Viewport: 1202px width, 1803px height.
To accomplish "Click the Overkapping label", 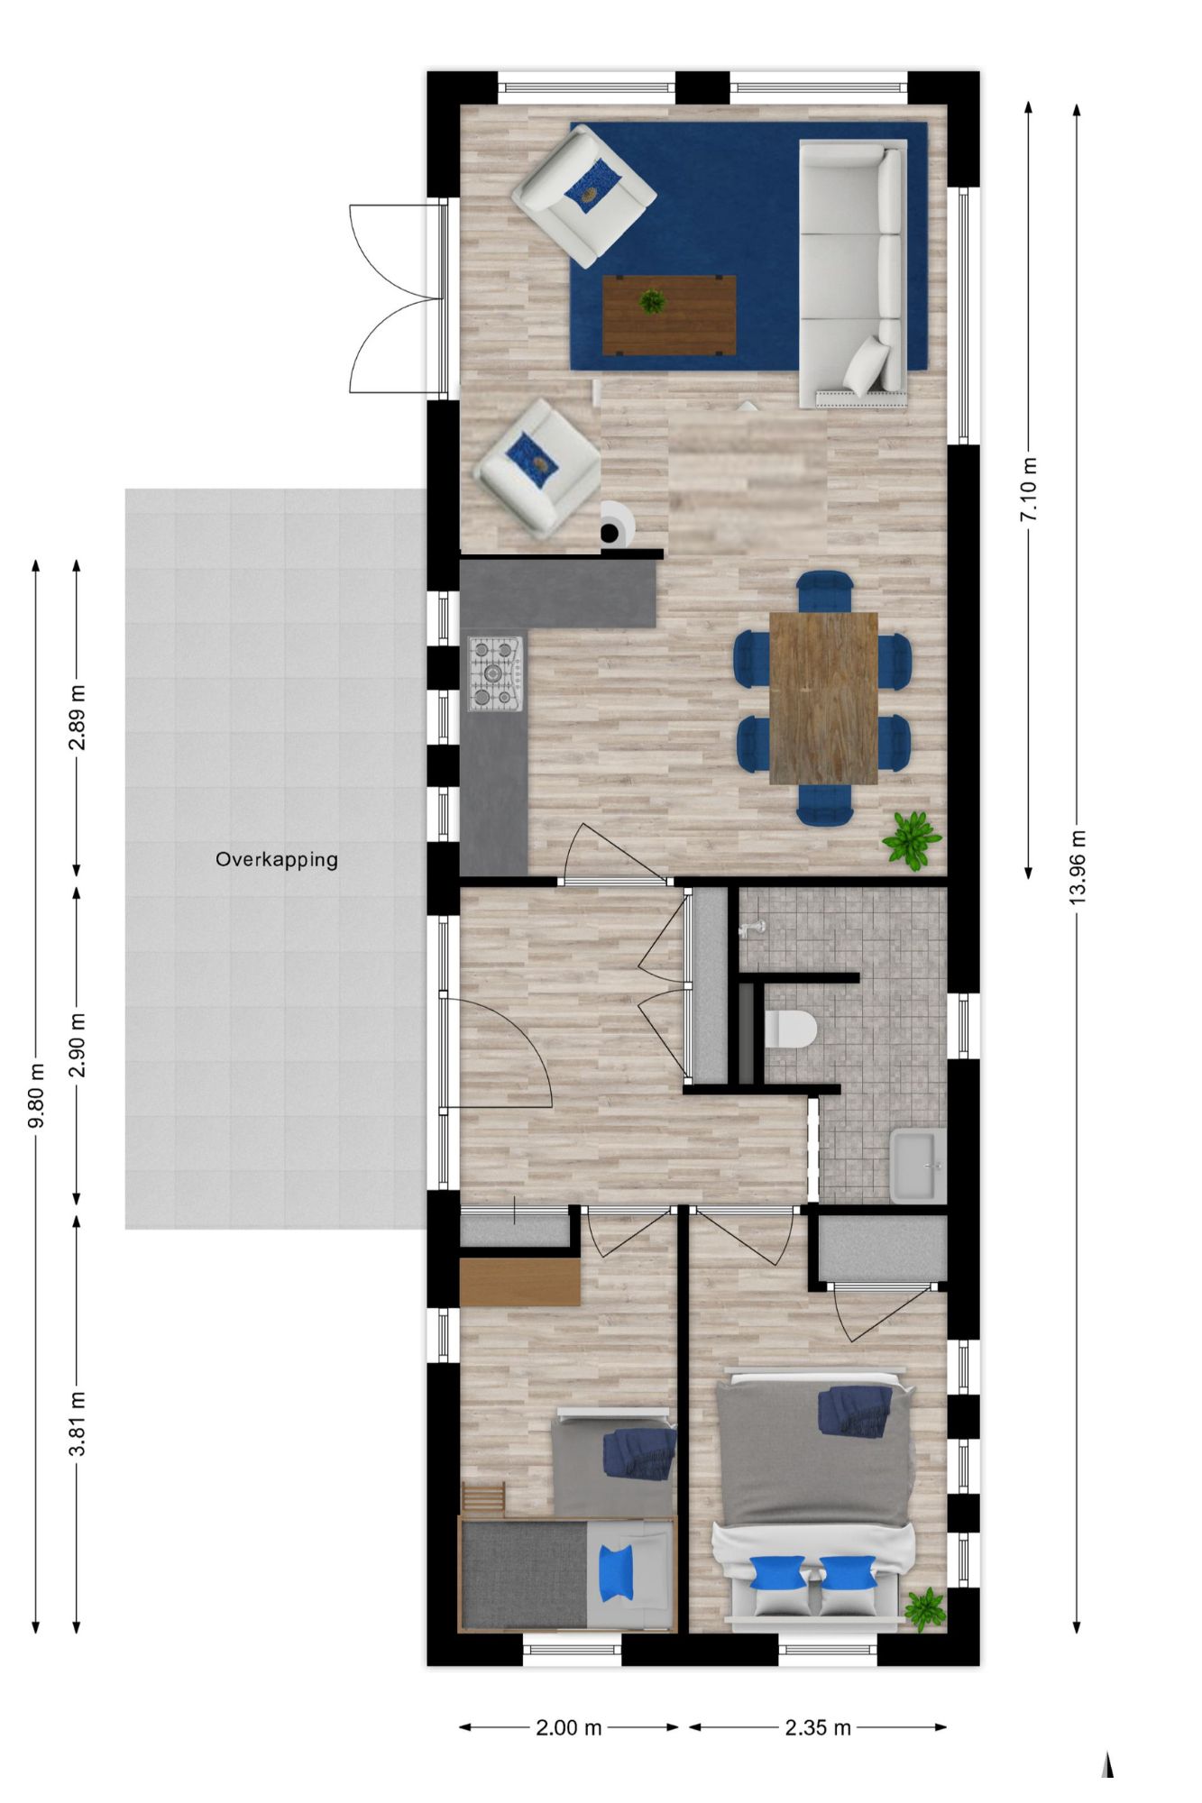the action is coord(277,859).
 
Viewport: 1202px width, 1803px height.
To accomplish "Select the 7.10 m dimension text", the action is coord(1029,490).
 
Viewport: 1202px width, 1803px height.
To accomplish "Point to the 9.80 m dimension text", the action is coord(36,1096).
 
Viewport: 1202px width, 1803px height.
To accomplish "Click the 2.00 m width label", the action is coord(569,1727).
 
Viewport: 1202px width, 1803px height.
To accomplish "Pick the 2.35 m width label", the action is coord(818,1727).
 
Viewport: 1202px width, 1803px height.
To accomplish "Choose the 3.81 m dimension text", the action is coord(78,1423).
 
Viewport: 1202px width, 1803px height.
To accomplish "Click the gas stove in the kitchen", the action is coord(495,673).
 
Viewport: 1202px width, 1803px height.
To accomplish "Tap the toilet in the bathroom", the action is coord(790,1029).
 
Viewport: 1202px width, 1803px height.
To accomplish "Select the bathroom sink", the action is coord(918,1166).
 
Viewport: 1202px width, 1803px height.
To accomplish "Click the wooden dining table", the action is coord(823,698).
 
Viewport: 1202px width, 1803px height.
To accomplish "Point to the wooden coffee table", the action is coord(669,316).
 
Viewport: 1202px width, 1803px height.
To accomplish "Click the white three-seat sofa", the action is coord(853,273).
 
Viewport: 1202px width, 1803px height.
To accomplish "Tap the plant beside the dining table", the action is coord(912,840).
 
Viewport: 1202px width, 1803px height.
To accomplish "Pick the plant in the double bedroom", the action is coord(924,1609).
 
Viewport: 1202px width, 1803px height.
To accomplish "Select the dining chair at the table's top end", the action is coord(824,590).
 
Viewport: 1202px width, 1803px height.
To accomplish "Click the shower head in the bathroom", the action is coord(753,928).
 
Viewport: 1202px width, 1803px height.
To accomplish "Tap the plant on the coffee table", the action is coord(652,301).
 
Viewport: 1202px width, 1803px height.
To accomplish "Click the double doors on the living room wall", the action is coord(398,298).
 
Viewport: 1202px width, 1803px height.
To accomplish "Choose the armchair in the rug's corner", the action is coord(583,196).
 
